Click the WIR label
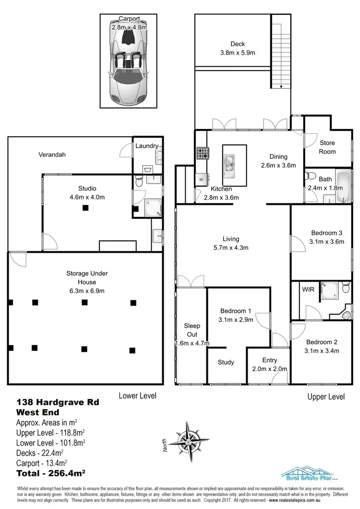click(307, 290)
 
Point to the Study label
click(226, 362)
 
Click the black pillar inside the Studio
click(85, 208)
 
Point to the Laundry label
click(146, 146)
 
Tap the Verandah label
click(52, 154)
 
